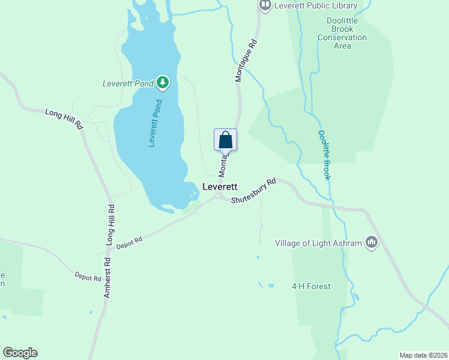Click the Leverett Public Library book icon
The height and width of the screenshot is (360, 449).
click(265, 5)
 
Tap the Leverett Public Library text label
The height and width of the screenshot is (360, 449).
click(316, 6)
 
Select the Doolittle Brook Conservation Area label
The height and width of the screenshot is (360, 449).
click(342, 37)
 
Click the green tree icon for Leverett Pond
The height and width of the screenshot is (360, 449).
click(162, 83)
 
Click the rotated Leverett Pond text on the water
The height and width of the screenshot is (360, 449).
click(155, 122)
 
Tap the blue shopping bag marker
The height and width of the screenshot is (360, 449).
click(226, 140)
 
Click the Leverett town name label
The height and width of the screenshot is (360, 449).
click(220, 187)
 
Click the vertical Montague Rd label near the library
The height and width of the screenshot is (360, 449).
click(246, 61)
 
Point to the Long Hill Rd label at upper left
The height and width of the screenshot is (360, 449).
click(64, 119)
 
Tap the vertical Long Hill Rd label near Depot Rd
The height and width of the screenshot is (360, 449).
click(111, 223)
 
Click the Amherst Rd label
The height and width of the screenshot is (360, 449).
click(107, 277)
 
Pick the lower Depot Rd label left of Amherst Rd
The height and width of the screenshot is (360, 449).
click(88, 277)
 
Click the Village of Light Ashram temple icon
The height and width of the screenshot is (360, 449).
click(372, 242)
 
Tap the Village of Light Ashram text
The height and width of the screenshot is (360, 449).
click(319, 243)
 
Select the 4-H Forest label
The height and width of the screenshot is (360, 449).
click(311, 286)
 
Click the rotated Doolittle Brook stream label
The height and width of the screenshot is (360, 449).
click(324, 155)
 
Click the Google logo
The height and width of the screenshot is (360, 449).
click(20, 353)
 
